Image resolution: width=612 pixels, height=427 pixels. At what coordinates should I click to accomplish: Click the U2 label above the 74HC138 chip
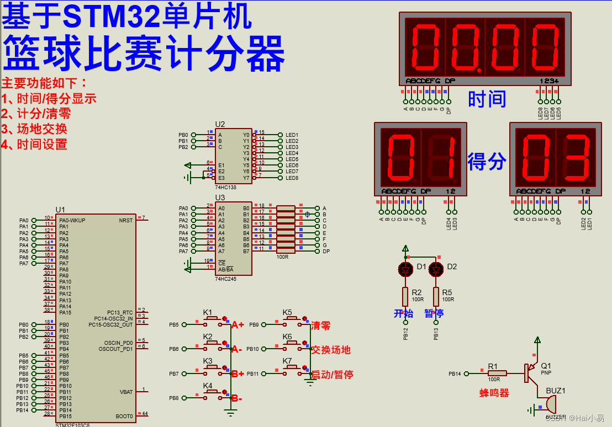220,124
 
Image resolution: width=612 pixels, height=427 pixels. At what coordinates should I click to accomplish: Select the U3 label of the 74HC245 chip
220,197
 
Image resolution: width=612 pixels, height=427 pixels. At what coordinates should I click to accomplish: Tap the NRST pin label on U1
125,220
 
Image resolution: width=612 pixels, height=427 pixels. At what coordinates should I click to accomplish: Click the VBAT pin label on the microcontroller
126,392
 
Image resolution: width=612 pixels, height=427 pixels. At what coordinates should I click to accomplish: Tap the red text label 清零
320,325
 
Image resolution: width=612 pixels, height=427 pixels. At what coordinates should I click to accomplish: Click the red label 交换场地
330,350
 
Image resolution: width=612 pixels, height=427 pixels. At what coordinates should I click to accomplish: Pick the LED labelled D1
405,270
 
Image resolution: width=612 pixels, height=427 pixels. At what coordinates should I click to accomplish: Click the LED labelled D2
436,270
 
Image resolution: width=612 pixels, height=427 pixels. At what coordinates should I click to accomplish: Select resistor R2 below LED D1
405,296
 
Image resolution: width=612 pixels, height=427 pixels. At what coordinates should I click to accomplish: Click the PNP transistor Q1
531,372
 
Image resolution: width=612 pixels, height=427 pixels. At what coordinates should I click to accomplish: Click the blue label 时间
487,99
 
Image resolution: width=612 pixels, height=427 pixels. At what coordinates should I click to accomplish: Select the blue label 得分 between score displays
487,162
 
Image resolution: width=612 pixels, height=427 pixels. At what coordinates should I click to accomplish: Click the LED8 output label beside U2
292,178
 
